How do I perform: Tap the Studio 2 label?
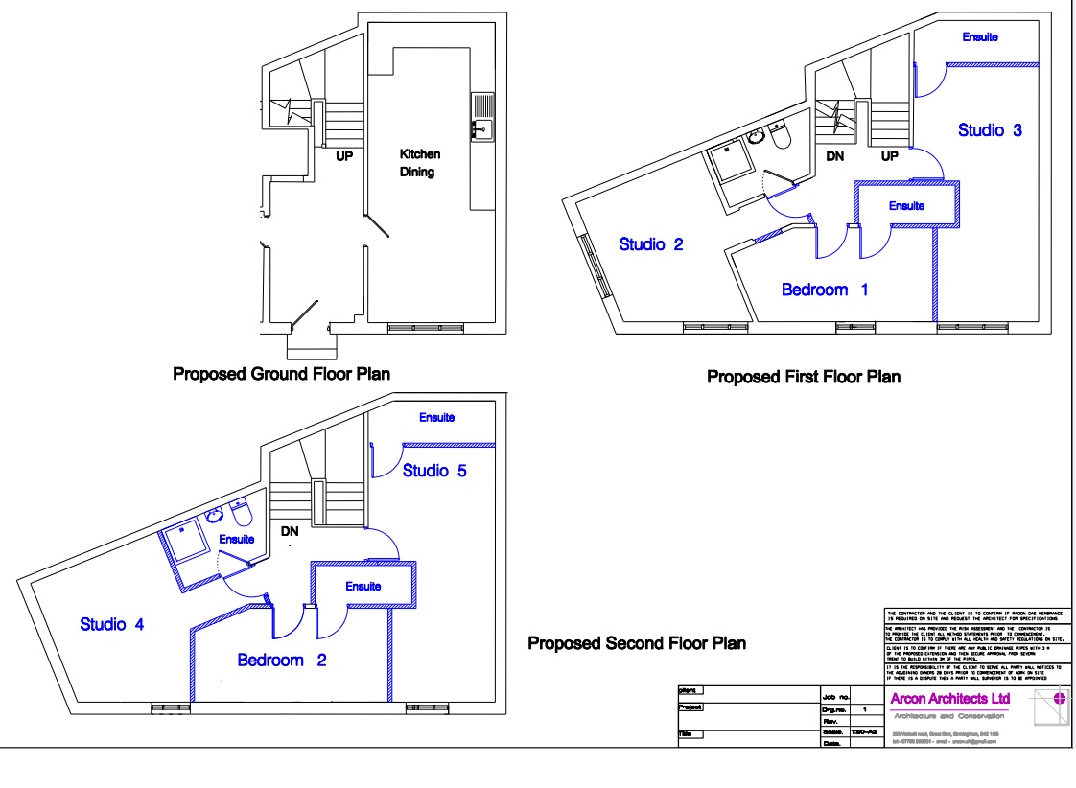tap(651, 244)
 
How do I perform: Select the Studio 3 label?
tap(990, 130)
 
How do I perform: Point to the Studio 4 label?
tap(112, 625)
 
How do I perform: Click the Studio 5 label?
tap(434, 471)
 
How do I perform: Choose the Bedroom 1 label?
tap(825, 290)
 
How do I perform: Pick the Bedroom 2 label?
tap(284, 661)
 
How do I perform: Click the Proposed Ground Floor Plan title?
tap(281, 374)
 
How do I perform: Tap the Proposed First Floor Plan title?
tap(804, 377)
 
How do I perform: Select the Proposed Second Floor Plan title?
tap(637, 643)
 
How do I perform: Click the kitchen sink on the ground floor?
tap(481, 117)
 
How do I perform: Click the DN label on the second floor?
tap(289, 530)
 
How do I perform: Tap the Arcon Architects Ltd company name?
tap(949, 700)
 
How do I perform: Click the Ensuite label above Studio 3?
tap(980, 37)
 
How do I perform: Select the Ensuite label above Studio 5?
tap(436, 418)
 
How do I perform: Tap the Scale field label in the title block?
tap(831, 731)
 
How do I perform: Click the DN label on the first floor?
tap(834, 156)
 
